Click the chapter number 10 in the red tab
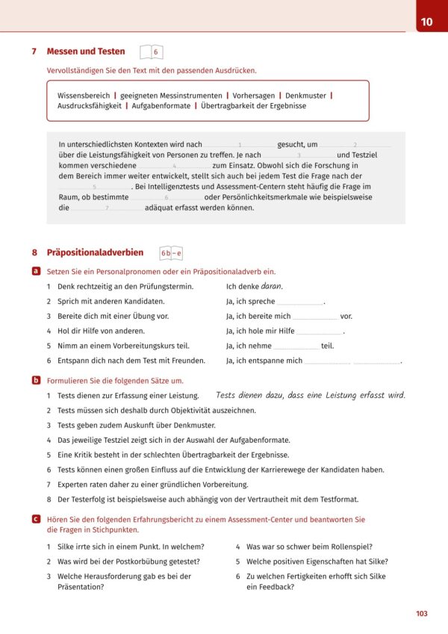point(426,22)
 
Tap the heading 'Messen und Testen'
point(86,52)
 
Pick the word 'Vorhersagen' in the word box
point(253,96)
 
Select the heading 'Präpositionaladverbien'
point(95,253)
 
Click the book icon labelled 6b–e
point(171,254)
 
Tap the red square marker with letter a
point(36,272)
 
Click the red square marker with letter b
point(36,380)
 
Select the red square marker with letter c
point(36,518)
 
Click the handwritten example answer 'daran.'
point(272,286)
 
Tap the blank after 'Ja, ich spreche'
point(300,302)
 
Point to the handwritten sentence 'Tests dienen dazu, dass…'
point(310,395)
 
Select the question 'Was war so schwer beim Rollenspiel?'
point(309,547)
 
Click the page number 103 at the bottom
point(421,613)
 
